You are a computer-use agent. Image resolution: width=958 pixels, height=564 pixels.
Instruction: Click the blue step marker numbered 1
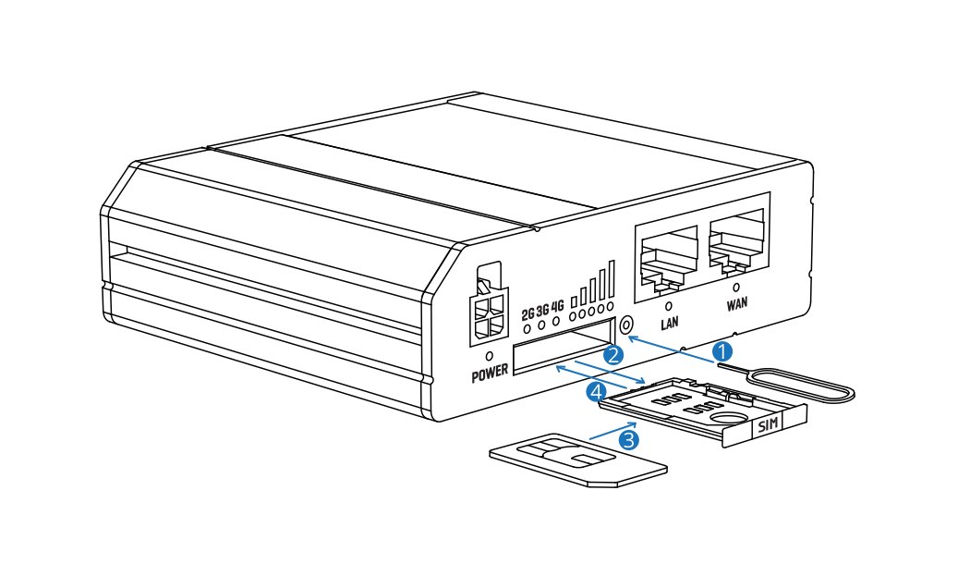click(724, 351)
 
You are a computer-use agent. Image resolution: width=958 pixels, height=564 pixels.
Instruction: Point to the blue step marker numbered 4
click(598, 392)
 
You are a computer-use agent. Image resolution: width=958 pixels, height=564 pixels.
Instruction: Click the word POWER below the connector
click(491, 376)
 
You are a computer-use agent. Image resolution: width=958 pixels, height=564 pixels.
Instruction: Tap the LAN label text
click(670, 324)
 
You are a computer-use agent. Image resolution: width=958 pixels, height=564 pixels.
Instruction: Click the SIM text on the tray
click(768, 426)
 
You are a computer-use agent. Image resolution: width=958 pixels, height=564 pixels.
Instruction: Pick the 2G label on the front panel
click(528, 313)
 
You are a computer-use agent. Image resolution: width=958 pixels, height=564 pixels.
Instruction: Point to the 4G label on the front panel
click(557, 308)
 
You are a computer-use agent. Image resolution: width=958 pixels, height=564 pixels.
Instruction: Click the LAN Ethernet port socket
click(666, 256)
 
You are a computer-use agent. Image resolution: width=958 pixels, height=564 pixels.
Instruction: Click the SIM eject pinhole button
click(627, 325)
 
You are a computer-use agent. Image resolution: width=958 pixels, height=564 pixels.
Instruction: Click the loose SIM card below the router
click(577, 459)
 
